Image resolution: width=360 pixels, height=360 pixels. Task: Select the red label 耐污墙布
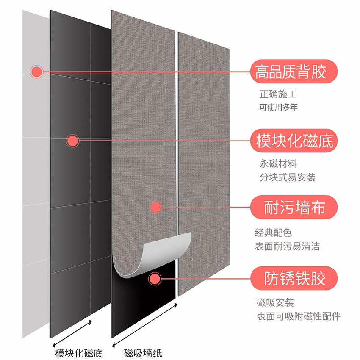[x=295, y=208]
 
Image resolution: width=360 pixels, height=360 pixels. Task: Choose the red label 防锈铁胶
[x=295, y=278]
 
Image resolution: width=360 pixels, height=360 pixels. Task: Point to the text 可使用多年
[x=279, y=107]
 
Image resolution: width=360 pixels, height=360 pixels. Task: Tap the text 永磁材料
[x=278, y=163]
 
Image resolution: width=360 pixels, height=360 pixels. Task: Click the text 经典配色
[x=273, y=233]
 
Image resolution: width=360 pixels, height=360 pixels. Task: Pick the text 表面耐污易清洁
[x=287, y=246]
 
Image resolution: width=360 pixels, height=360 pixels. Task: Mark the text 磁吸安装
[x=275, y=303]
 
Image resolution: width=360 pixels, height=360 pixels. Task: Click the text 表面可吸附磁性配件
[x=298, y=316]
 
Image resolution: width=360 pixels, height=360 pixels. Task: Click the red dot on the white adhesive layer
[x=37, y=71]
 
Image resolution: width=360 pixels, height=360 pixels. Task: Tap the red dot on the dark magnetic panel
[x=73, y=141]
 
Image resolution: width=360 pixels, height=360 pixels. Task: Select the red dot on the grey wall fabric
[x=156, y=207]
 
